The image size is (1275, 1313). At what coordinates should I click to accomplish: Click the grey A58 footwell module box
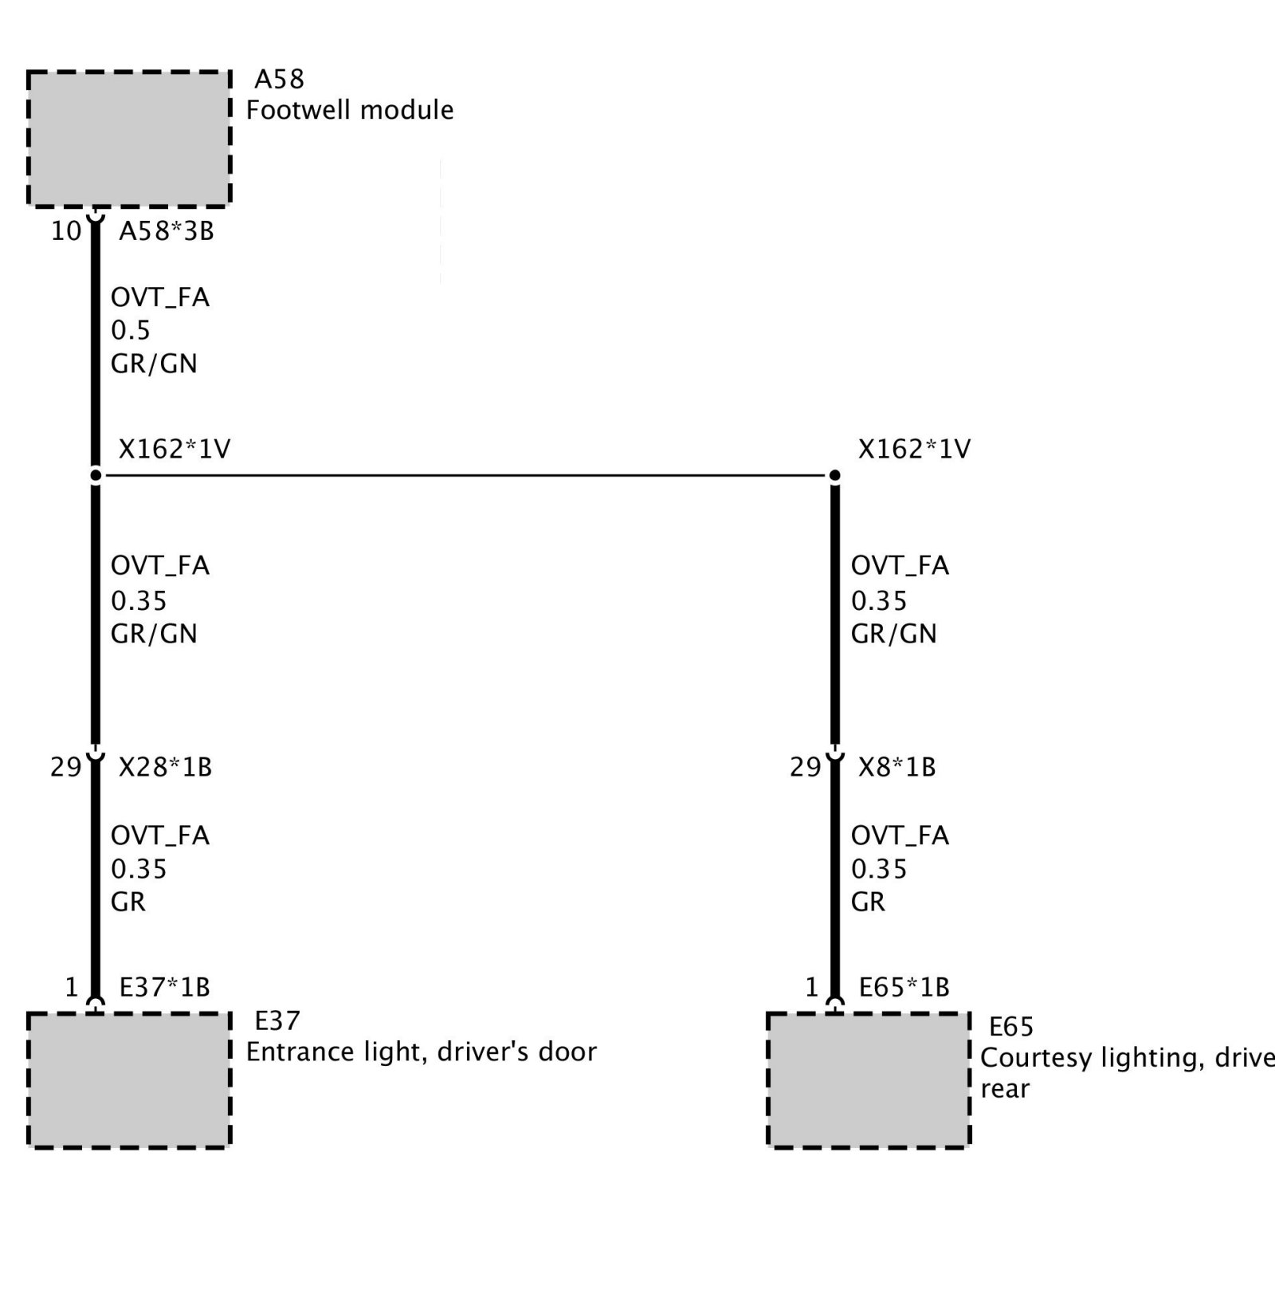[129, 139]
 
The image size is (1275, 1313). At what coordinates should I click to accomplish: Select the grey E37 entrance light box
[129, 1080]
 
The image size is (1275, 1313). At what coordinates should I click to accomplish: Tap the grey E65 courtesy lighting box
[869, 1080]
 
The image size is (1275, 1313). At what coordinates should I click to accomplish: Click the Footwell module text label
[350, 110]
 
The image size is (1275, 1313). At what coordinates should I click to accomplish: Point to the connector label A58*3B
[167, 231]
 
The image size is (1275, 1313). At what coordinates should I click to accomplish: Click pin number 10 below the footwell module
[66, 231]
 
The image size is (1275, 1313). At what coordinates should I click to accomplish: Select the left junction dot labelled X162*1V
[96, 476]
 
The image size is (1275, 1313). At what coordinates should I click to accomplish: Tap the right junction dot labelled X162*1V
[835, 476]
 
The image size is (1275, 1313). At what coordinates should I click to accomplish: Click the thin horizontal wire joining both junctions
[465, 476]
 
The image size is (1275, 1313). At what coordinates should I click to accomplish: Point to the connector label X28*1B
[166, 767]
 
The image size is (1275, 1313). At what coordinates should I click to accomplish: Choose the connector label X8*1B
[897, 767]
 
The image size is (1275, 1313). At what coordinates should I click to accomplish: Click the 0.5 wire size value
[131, 330]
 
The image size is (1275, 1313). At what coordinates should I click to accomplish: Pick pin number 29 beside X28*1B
[65, 767]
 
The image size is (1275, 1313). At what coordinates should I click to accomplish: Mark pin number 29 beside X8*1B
[805, 767]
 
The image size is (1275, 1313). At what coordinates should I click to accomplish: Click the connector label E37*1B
[165, 988]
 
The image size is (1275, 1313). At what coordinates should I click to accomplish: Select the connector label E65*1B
[904, 988]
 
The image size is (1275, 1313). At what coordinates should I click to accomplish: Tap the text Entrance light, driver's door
[422, 1052]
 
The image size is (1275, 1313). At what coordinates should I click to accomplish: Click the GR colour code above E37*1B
[128, 902]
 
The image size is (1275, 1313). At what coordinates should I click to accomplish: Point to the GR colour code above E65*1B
[868, 902]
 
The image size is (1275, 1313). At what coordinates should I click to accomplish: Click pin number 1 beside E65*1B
[811, 988]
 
